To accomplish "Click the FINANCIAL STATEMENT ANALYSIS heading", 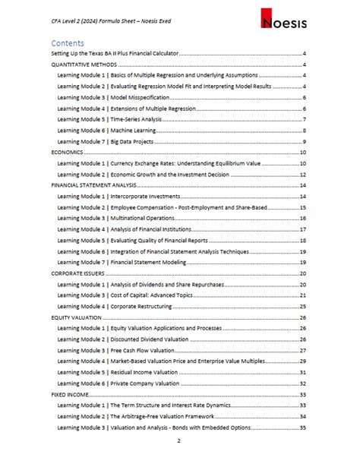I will (x=94, y=185).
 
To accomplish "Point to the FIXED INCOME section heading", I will (x=68, y=395).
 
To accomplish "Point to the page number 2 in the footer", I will (x=179, y=441).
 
